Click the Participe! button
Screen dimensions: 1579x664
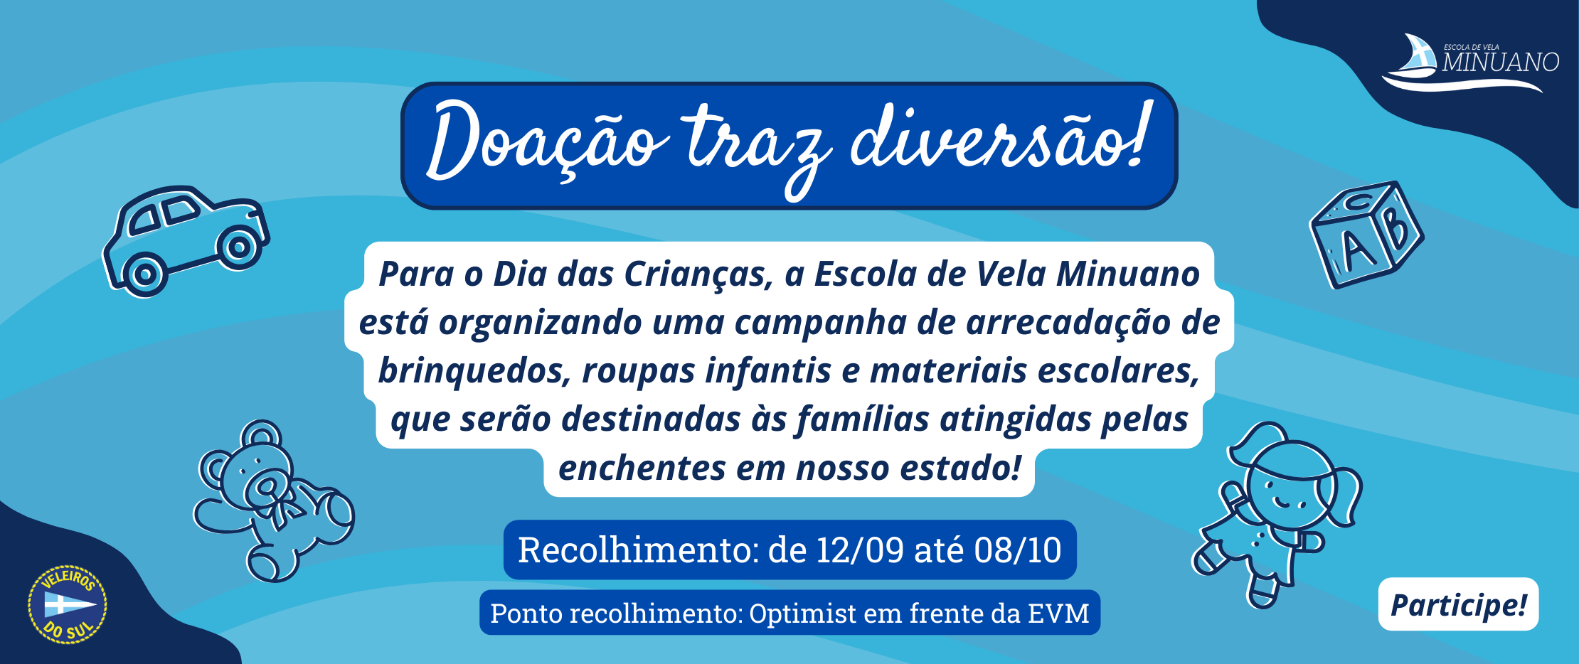pyautogui.click(x=1458, y=604)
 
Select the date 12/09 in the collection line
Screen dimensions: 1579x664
pyautogui.click(x=860, y=550)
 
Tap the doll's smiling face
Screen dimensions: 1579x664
pyautogui.click(x=1284, y=491)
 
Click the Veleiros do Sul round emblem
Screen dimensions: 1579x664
pyautogui.click(x=67, y=605)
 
